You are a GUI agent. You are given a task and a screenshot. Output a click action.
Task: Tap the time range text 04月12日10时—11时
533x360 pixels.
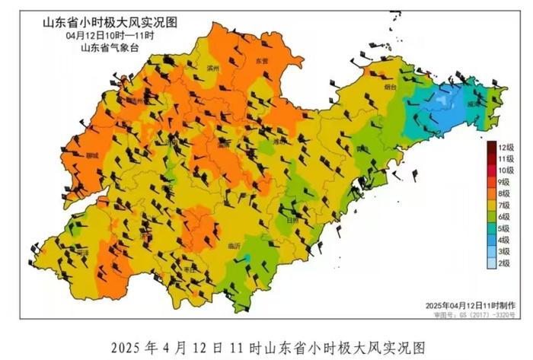click(x=104, y=35)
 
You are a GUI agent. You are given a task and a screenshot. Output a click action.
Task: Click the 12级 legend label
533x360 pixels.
click(x=506, y=146)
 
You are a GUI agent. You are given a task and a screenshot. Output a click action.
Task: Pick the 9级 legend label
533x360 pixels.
click(x=506, y=182)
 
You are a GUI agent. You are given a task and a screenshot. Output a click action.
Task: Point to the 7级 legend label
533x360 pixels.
click(x=506, y=205)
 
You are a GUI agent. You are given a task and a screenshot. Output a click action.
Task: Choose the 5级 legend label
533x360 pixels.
click(x=506, y=228)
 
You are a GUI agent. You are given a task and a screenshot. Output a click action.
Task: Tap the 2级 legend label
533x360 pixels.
click(x=506, y=263)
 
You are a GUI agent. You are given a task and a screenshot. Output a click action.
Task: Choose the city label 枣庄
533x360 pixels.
click(x=190, y=270)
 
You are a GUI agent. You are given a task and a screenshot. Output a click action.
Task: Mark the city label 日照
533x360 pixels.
click(x=293, y=218)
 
